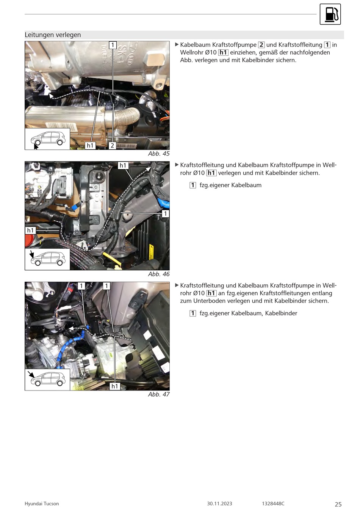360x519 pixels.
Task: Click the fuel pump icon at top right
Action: [330, 14]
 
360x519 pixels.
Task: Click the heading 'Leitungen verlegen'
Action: [53, 35]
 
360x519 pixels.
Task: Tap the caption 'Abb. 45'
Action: [159, 154]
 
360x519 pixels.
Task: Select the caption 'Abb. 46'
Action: [159, 274]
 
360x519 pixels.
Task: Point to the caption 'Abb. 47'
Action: [159, 394]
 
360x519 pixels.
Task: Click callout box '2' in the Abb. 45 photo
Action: [112, 146]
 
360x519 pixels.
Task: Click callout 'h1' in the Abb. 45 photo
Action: [90, 146]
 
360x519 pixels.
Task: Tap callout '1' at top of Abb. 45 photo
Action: [113, 45]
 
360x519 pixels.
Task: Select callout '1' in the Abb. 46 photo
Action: [165, 213]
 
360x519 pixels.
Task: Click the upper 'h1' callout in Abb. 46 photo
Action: [123, 165]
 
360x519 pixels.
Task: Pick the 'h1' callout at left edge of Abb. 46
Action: [30, 230]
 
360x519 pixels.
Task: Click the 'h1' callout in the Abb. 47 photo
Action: [115, 386]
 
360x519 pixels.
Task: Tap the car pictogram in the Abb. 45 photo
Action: [47, 139]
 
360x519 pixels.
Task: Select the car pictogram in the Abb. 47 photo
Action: [47, 379]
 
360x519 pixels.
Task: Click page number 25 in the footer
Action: [338, 504]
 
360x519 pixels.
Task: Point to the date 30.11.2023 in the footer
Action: [220, 504]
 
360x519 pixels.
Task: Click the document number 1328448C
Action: [273, 504]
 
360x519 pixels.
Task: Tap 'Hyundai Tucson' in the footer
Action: [42, 504]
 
